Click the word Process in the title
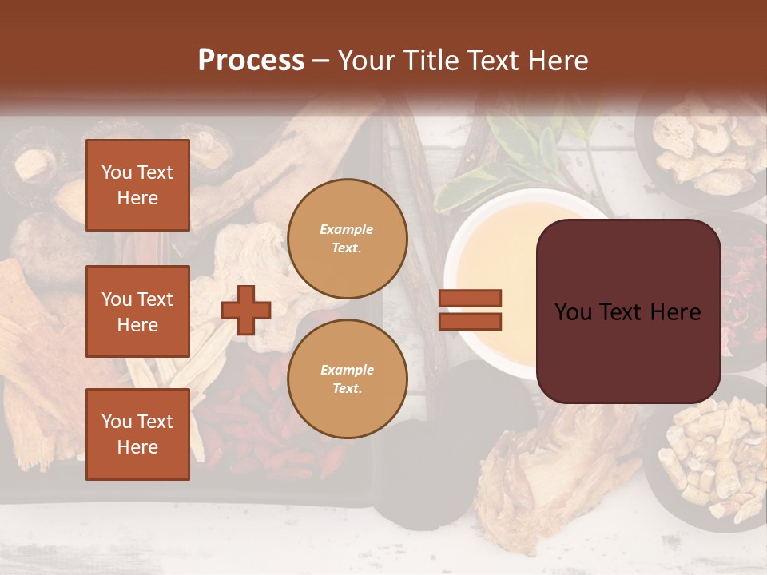pyautogui.click(x=251, y=61)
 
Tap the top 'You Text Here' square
pyautogui.click(x=137, y=185)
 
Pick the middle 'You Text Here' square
pyautogui.click(x=137, y=311)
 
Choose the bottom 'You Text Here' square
pyautogui.click(x=137, y=434)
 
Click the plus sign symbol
pyautogui.click(x=246, y=309)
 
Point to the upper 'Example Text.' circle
pyautogui.click(x=348, y=239)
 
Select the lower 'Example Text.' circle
pyautogui.click(x=348, y=379)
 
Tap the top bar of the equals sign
pyautogui.click(x=470, y=298)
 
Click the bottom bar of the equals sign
pyautogui.click(x=470, y=321)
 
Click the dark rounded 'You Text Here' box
pyautogui.click(x=628, y=311)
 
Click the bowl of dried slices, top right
pyautogui.click(x=703, y=148)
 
